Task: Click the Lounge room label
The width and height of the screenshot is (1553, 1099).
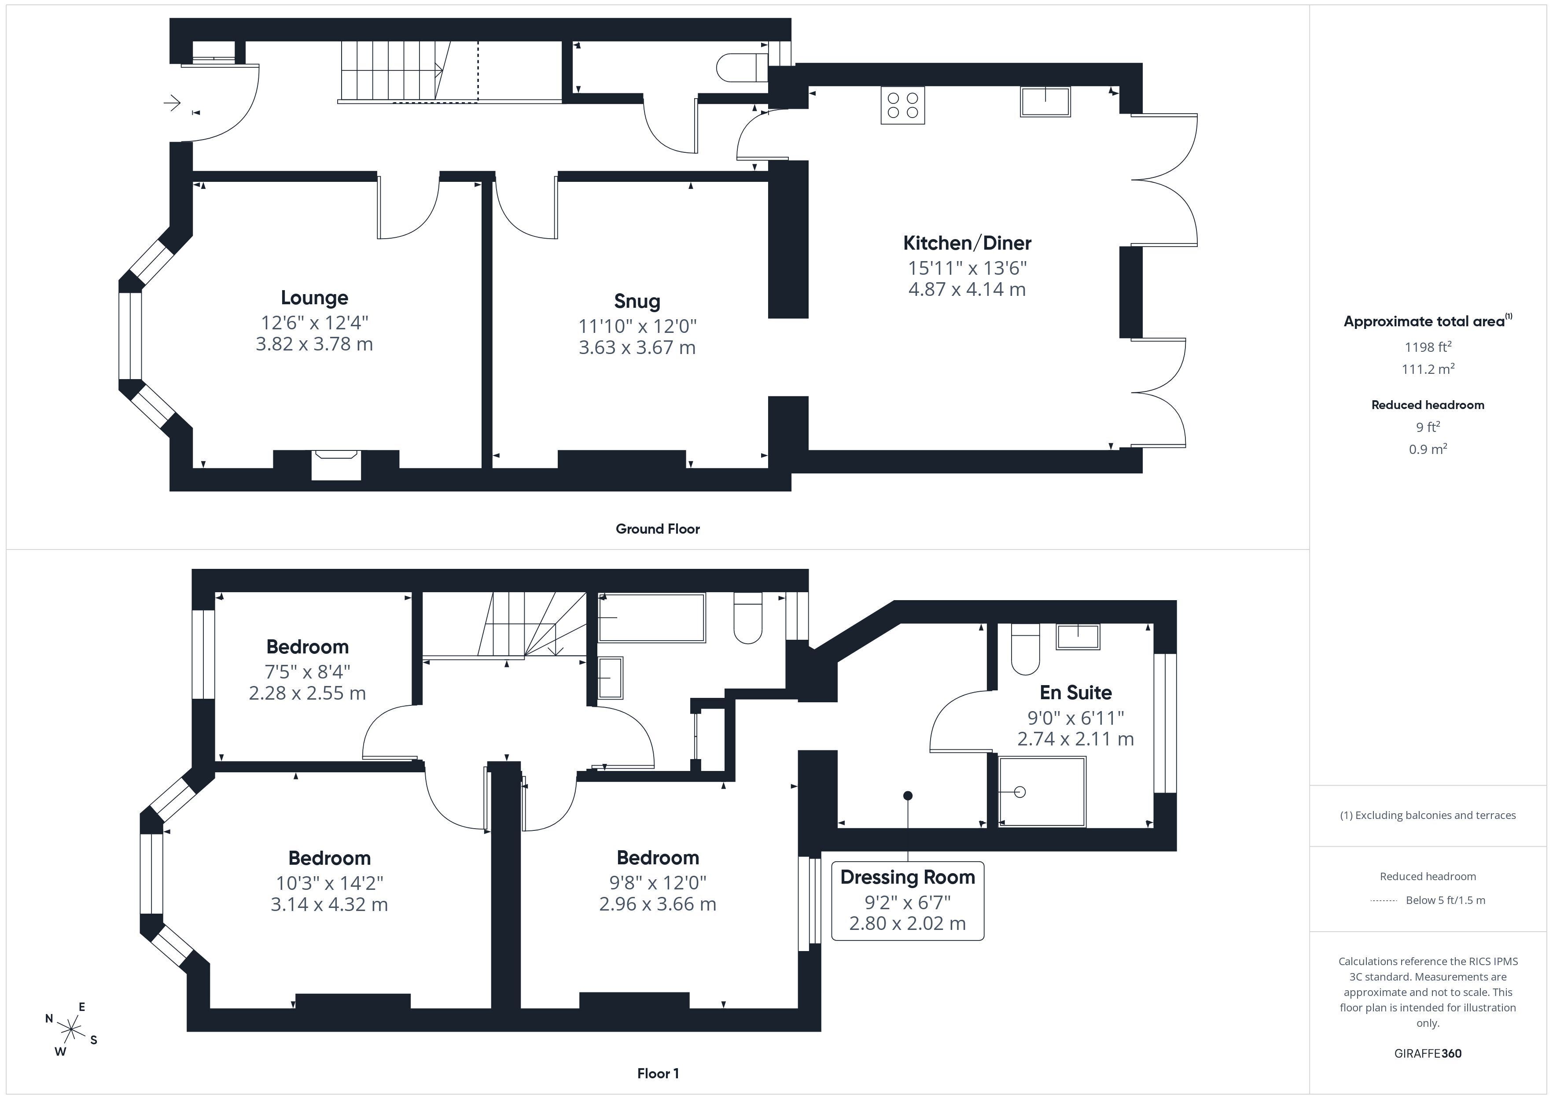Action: coord(315,298)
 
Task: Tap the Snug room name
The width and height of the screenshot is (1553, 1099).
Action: coord(637,301)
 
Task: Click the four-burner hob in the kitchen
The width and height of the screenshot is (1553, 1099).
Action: coord(902,106)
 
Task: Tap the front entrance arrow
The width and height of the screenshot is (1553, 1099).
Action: coord(173,103)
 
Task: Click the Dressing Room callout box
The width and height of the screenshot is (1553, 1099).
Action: coord(908,901)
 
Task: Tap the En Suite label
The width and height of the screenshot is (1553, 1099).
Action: coord(1075,692)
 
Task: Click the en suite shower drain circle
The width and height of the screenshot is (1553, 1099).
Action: coord(1020,792)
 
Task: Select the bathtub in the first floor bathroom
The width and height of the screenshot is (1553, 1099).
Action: coord(651,617)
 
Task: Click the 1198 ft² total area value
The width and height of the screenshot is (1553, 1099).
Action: coord(1428,347)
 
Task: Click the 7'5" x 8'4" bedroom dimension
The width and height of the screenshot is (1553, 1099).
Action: coord(307,672)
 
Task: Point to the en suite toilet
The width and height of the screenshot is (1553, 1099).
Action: coord(1025,649)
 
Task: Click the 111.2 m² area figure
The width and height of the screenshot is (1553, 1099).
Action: coord(1428,369)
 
